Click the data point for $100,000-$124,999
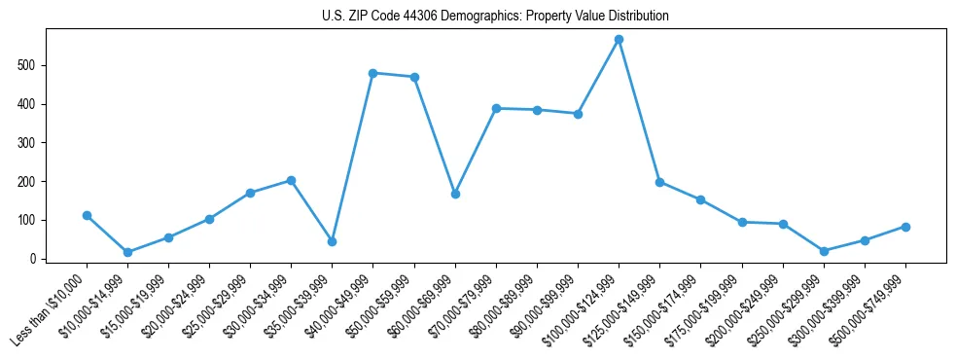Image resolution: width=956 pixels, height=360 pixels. (x=619, y=40)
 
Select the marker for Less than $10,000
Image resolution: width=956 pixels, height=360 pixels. (x=87, y=215)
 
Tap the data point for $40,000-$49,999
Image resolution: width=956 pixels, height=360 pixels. (x=373, y=73)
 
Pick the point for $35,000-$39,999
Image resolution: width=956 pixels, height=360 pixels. (x=332, y=241)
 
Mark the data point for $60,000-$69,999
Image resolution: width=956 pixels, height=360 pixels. (x=455, y=194)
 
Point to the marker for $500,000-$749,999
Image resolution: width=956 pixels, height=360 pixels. (x=905, y=227)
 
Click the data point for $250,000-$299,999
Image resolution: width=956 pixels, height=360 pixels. (x=824, y=251)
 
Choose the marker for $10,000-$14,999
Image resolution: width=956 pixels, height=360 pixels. (x=127, y=252)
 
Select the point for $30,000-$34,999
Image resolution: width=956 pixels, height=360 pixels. (x=291, y=180)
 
